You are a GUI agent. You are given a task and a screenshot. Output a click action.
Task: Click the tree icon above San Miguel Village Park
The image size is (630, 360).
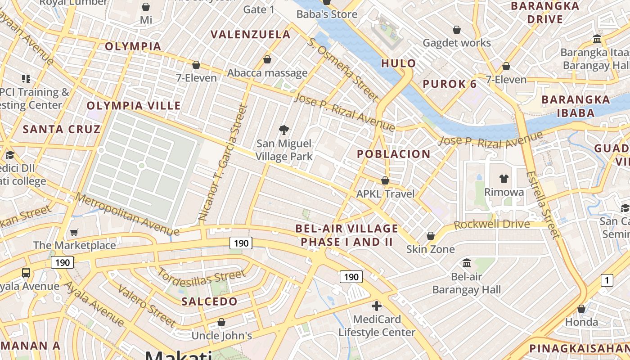tap(284, 130)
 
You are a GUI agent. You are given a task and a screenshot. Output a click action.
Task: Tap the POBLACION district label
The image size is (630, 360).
tap(394, 154)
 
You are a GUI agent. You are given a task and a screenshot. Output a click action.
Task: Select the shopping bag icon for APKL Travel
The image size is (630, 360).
tap(385, 180)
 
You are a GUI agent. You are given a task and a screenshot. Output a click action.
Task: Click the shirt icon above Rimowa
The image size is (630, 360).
tap(504, 179)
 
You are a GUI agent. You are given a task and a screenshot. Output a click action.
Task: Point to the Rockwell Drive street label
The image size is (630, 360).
tap(492, 224)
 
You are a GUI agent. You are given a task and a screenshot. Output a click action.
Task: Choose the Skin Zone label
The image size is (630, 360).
tap(431, 249)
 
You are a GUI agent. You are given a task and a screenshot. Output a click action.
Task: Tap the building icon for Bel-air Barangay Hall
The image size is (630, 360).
tap(467, 263)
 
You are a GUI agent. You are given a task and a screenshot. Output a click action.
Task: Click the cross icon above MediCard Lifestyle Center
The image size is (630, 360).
tap(377, 306)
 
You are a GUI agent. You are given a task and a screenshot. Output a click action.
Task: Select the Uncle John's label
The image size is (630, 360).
tap(221, 336)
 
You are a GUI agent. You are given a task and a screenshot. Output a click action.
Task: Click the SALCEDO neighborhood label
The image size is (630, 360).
tap(209, 301)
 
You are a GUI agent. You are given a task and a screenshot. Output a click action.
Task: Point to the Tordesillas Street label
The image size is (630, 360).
tap(201, 280)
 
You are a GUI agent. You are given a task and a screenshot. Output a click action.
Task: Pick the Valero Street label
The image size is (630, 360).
tap(147, 305)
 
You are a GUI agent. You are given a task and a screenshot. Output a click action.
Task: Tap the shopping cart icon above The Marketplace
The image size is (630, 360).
tap(74, 233)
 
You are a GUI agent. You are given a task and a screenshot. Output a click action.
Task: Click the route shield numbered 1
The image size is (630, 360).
tap(607, 281)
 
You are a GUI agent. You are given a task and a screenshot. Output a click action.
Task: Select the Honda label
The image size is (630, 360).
tap(581, 322)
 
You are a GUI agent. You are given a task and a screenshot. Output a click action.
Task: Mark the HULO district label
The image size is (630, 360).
tap(398, 63)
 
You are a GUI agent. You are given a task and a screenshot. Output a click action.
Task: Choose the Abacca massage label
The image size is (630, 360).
tap(267, 73)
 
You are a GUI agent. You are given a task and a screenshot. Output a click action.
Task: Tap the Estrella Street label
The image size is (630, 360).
tap(544, 205)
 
